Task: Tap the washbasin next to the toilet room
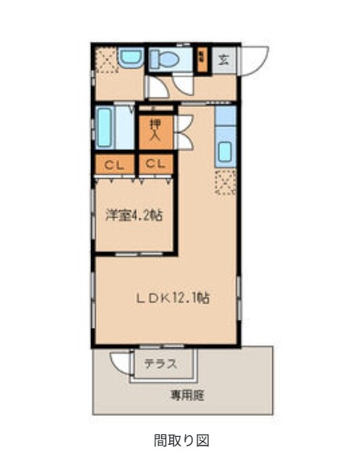pos(129,58)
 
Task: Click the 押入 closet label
pos(156,129)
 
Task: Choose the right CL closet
pos(156,165)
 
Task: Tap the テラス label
pos(160,364)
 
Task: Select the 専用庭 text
pos(186,395)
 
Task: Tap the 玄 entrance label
pos(225,59)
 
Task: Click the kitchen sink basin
pos(226,151)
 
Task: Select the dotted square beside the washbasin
pos(106,60)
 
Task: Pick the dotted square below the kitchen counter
pos(226,182)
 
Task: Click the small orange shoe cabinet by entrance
pos(202,59)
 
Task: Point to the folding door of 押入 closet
pos(184,129)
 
